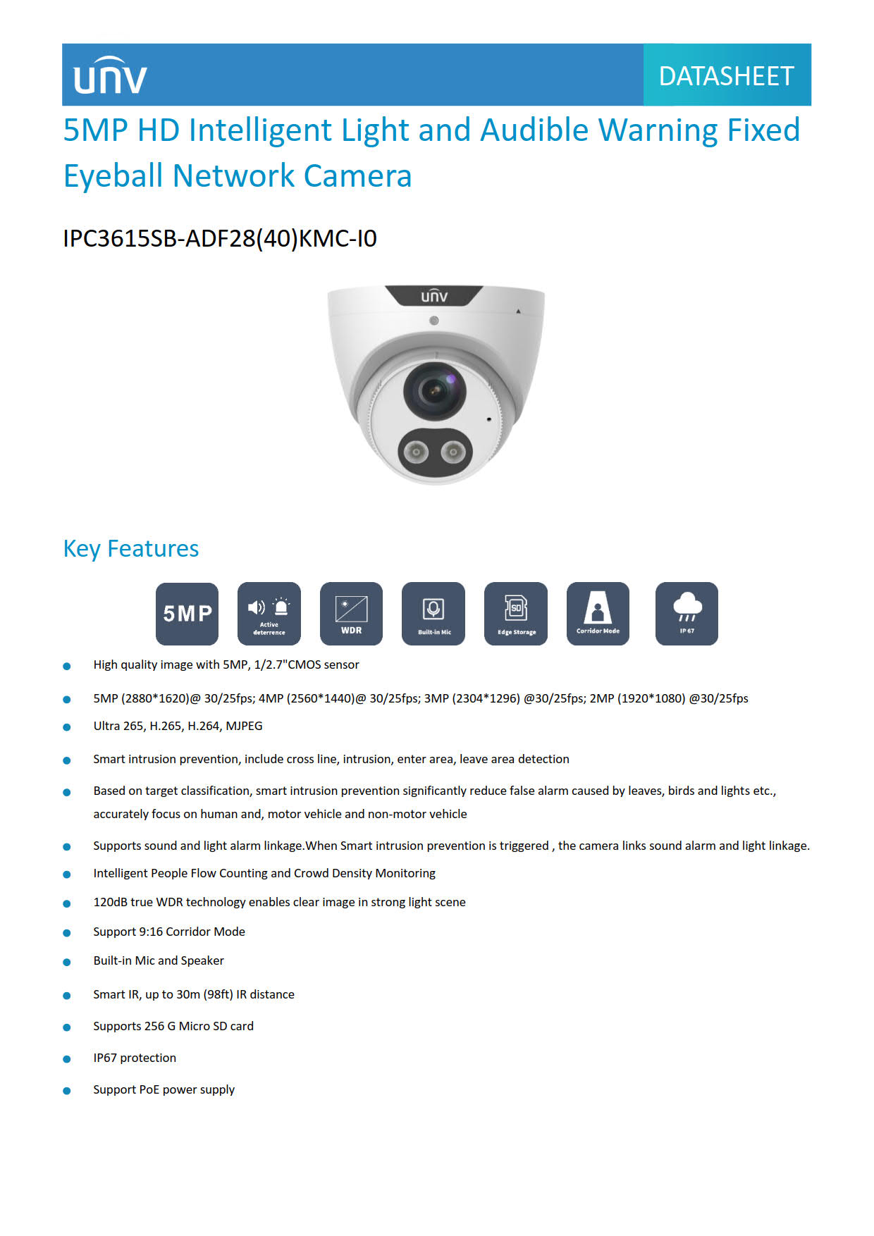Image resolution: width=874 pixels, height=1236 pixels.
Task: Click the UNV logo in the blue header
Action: coord(111,75)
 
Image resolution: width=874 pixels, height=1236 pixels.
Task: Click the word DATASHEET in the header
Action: coord(726,76)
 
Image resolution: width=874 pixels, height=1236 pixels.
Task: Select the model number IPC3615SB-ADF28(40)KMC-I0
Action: coord(220,239)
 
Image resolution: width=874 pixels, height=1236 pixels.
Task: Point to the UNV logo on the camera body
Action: coord(434,296)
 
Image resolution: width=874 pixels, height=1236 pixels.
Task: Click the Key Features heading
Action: coord(131,549)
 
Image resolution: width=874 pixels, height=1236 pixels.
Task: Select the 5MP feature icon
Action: coord(187,614)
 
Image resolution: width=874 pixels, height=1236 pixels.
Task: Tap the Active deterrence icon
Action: coord(269,614)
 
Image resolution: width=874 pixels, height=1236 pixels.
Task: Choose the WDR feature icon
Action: coord(351,614)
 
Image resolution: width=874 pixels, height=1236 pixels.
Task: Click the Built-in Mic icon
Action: coord(433,614)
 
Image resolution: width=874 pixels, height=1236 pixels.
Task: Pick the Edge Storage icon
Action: coord(516,614)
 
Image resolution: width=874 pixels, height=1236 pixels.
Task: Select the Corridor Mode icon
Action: coord(598,614)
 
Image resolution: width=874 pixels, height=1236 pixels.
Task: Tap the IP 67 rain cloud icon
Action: coord(687,614)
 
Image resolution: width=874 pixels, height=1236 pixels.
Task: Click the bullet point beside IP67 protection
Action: coord(67,1059)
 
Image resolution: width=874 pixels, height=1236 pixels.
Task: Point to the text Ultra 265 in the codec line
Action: coord(117,727)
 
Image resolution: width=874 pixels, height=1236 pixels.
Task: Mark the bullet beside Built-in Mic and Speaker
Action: coord(67,962)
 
